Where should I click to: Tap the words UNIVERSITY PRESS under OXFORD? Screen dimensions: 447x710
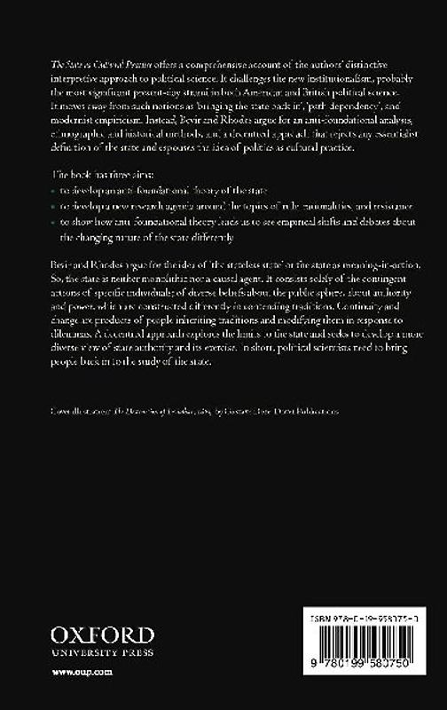(103, 651)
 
